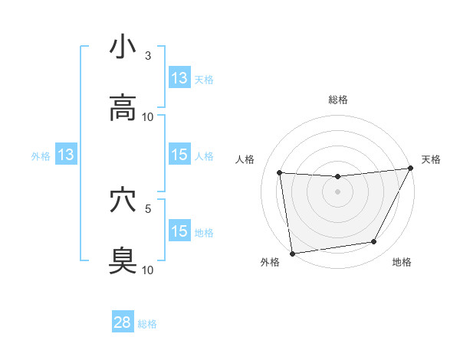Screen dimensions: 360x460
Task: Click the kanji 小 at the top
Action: click(123, 47)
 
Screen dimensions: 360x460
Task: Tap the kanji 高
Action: click(123, 108)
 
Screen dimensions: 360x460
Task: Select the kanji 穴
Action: click(123, 200)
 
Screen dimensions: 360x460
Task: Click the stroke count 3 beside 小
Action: click(148, 56)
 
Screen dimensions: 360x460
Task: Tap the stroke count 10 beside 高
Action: click(148, 117)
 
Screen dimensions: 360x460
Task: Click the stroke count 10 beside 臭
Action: click(148, 270)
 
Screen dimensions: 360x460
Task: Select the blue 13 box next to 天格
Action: click(179, 78)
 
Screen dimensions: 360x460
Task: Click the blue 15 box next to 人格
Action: click(179, 155)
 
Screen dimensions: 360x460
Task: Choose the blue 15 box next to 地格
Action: click(179, 231)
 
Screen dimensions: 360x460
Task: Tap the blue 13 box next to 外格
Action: click(66, 155)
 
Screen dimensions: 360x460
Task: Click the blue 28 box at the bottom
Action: click(123, 322)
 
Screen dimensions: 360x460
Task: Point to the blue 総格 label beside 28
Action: click(147, 324)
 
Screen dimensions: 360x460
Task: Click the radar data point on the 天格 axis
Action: click(411, 169)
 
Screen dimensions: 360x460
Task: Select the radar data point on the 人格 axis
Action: click(280, 172)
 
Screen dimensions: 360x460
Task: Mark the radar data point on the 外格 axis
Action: click(292, 253)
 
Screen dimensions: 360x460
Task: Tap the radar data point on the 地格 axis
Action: click(374, 242)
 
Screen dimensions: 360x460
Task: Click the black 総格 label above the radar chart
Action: click(337, 100)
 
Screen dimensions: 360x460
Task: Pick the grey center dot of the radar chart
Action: click(337, 191)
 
